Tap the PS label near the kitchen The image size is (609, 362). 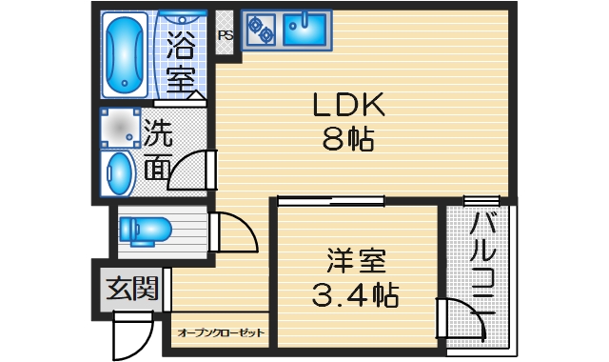coord(226,36)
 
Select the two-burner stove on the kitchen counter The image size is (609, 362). coord(260,30)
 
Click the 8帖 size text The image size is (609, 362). coord(348,140)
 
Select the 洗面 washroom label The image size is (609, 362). coord(158,150)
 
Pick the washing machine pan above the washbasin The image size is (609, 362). coord(120,127)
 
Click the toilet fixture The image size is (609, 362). coord(145,230)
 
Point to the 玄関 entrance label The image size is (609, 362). coord(131,287)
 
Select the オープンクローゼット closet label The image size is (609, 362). coord(221,333)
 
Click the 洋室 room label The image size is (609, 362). coord(356,260)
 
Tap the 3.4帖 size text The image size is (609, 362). coord(356,294)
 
